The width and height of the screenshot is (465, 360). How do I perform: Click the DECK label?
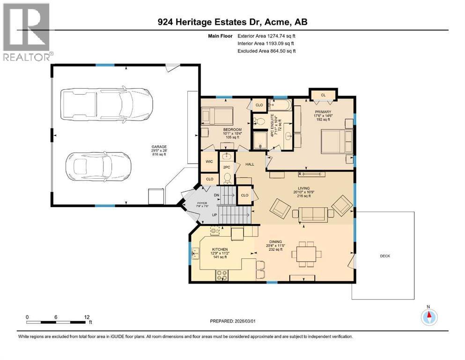pyautogui.click(x=384, y=256)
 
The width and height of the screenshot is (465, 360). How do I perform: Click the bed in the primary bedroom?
pyautogui.click(x=337, y=141)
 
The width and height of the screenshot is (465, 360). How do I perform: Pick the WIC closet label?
pyautogui.click(x=209, y=162)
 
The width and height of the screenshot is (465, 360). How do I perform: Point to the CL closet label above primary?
pyautogui.click(x=323, y=95)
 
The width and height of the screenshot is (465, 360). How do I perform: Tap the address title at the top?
pyautogui.click(x=232, y=22)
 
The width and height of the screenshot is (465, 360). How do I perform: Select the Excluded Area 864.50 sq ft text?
pyautogui.click(x=266, y=51)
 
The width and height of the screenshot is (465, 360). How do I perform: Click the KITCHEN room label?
pyautogui.click(x=220, y=249)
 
